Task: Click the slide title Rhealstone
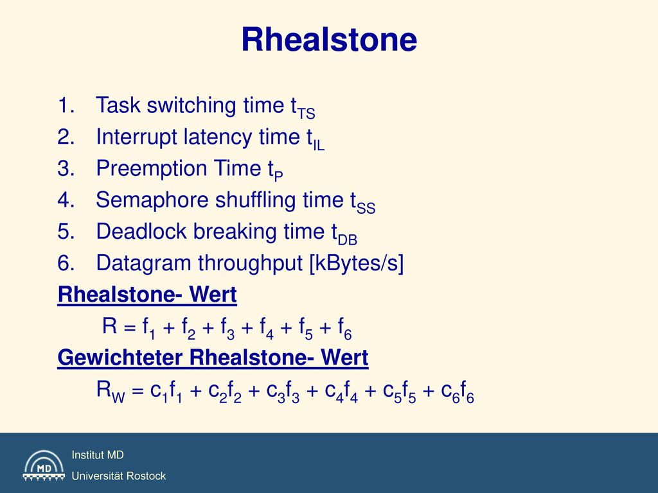[329, 39]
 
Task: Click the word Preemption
[151, 169]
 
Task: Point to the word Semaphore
[152, 200]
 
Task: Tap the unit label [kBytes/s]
[356, 263]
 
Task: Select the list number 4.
[66, 200]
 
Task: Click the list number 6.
[66, 263]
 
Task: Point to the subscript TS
[306, 113]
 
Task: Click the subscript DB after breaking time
[348, 240]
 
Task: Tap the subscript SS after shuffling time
[366, 208]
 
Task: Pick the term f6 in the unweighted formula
[345, 328]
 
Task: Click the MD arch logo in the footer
[44, 465]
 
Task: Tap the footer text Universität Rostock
[119, 476]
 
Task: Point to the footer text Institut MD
[98, 455]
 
